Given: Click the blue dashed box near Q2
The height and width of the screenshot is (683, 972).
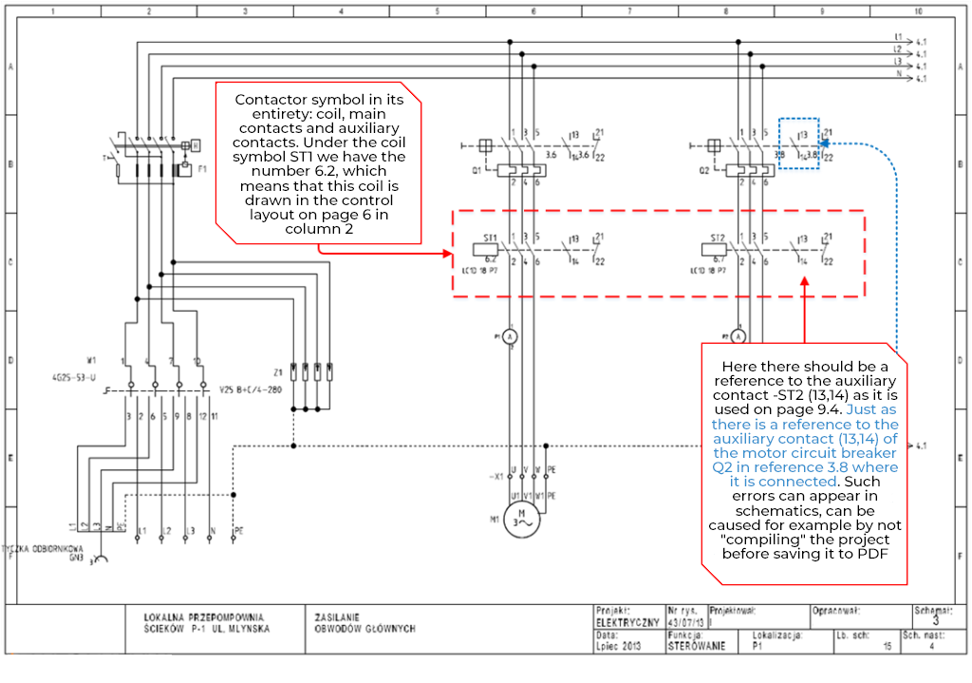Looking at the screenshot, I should tap(798, 144).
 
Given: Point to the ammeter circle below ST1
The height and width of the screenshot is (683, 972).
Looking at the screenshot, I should tap(509, 337).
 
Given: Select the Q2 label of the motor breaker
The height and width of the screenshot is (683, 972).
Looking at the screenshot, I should tap(703, 172).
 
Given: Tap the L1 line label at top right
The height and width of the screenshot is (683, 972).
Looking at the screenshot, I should tap(897, 37).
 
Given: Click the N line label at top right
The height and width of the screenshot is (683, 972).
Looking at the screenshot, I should tap(897, 72).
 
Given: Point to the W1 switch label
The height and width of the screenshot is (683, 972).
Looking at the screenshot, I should tap(92, 360).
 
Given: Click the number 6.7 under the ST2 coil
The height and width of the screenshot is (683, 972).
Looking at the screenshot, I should tap(720, 259).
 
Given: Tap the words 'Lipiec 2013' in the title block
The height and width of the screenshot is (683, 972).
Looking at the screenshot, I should tap(619, 646).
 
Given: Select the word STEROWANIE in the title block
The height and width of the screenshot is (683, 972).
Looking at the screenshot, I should tap(696, 646).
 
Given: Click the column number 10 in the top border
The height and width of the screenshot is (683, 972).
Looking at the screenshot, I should tap(918, 12).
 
